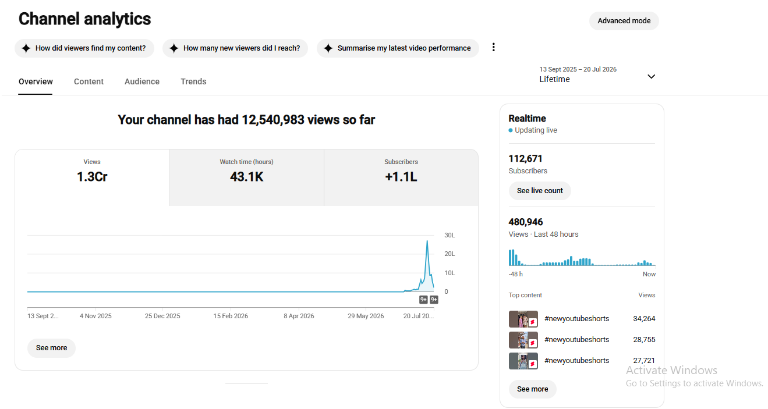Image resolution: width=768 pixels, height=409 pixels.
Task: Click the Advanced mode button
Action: tap(624, 21)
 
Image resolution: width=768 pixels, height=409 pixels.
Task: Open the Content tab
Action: tap(89, 81)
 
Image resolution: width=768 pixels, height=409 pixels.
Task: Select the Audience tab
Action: tap(142, 81)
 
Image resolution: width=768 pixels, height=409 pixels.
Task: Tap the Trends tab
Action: tap(193, 81)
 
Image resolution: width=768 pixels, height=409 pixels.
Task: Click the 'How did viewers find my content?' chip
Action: tap(84, 48)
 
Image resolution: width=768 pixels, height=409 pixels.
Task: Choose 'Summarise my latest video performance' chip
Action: tap(398, 48)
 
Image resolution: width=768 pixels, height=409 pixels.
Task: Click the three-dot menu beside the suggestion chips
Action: tap(493, 47)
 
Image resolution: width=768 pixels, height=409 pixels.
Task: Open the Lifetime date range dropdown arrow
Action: tap(651, 76)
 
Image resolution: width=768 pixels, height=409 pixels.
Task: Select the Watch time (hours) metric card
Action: tap(246, 177)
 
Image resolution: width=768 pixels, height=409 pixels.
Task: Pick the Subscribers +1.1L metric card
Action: tap(401, 177)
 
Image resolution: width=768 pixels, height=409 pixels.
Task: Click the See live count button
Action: tap(540, 191)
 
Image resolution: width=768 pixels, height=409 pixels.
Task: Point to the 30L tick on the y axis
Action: tap(450, 235)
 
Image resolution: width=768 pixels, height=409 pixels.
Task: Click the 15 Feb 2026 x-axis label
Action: tap(231, 316)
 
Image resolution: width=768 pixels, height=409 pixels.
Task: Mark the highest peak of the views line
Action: tap(427, 241)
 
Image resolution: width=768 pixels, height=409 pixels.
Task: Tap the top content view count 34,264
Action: tap(644, 319)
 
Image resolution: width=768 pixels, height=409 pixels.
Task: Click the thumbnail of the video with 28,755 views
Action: tap(523, 340)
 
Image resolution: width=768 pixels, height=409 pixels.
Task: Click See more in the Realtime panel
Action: tap(532, 389)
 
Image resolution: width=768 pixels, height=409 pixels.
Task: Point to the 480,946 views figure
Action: tap(526, 222)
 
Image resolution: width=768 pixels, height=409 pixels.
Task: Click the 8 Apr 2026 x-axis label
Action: tap(299, 316)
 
